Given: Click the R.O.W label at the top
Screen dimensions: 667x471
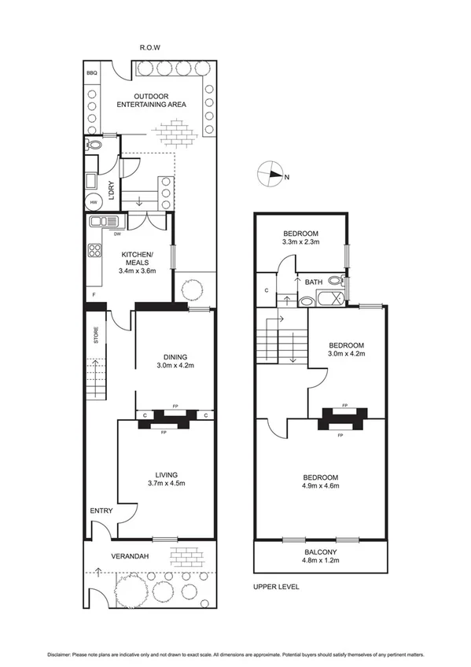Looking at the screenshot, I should click(x=149, y=47).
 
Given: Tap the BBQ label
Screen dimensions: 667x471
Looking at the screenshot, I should click(x=92, y=77).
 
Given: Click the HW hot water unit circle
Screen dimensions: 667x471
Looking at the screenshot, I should click(x=94, y=201).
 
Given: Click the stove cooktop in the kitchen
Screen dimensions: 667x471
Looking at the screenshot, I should click(x=95, y=252).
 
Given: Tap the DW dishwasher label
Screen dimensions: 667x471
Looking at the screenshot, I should click(x=117, y=234).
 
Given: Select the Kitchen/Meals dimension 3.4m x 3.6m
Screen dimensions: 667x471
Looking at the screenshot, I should click(x=138, y=271).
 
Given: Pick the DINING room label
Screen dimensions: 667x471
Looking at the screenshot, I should click(x=175, y=356).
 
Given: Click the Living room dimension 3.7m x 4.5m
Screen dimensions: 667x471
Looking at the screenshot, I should click(x=166, y=485).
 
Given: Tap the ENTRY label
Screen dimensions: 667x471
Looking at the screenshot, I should click(x=101, y=510).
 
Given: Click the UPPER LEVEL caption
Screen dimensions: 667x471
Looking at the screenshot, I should click(x=276, y=587).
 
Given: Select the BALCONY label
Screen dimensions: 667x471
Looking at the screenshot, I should click(x=322, y=553).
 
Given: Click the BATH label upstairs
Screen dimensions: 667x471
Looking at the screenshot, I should click(x=314, y=282).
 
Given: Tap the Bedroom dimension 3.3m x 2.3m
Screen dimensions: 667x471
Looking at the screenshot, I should click(x=300, y=243).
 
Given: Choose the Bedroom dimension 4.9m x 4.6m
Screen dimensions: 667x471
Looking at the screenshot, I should click(x=321, y=488).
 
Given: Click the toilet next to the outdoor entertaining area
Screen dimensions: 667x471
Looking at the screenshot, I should click(x=94, y=145).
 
